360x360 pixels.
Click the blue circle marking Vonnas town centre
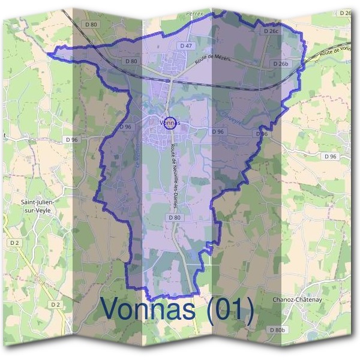coord(170,122)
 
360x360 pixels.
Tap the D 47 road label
coord(185,46)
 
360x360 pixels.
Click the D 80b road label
coord(277,330)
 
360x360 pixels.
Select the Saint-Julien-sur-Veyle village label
coord(37,207)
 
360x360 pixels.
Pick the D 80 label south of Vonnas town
coord(174,217)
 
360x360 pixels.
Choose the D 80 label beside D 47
coord(131,61)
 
